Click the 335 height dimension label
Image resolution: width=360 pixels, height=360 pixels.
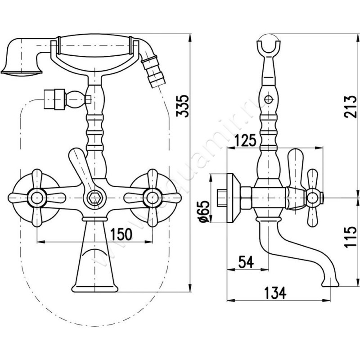[x=181, y=108]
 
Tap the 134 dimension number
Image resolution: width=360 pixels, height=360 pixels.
[x=275, y=293]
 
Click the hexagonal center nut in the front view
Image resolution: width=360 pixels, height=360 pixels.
[x=94, y=196]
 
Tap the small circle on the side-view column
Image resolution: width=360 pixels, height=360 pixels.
[x=269, y=99]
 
